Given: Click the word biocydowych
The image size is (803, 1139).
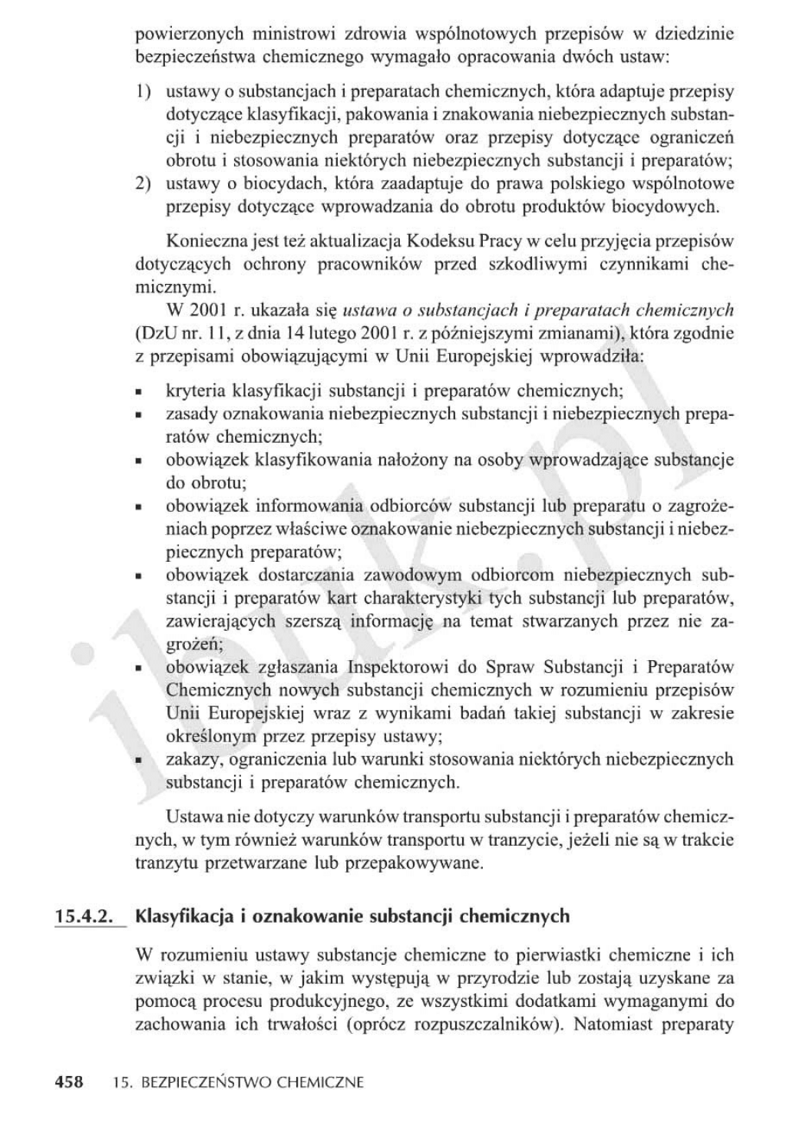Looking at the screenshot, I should click(661, 206).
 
